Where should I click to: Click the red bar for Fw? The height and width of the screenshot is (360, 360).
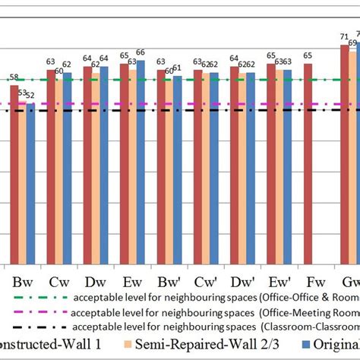coord(308,163)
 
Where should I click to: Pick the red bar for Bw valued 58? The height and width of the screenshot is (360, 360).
coord(14,174)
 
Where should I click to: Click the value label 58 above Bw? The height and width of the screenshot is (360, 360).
coord(14,77)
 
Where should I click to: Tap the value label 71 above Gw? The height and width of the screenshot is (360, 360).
coord(344,36)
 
